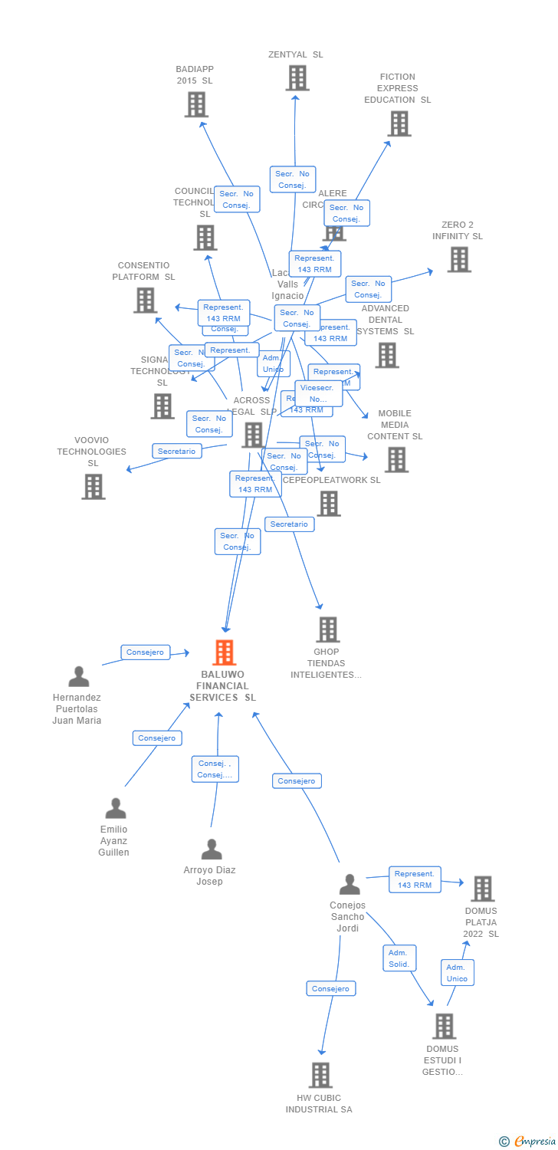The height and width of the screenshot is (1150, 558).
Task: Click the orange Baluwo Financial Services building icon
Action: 224,652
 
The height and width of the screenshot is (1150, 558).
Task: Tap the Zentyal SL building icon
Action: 297,78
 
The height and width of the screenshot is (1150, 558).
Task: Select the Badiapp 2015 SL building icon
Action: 196,105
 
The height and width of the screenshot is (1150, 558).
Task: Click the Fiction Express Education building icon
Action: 399,123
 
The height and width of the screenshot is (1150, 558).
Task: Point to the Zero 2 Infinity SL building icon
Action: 458,260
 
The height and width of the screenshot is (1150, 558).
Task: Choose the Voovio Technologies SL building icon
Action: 93,487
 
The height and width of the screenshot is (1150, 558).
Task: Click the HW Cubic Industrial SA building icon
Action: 320,1075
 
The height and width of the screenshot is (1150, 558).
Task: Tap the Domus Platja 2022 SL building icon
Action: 482,889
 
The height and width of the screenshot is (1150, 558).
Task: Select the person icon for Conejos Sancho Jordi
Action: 350,885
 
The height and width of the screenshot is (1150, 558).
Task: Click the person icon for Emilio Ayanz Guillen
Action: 116,809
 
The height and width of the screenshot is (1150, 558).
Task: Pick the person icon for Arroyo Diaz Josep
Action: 211,849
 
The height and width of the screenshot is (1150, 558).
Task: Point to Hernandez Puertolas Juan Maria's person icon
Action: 79,677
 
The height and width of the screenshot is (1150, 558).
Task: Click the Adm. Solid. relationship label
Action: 399,958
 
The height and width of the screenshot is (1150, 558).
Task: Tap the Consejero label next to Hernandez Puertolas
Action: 145,652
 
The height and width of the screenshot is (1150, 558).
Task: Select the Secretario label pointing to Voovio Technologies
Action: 177,452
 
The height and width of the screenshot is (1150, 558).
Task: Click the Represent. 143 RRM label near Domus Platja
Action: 415,879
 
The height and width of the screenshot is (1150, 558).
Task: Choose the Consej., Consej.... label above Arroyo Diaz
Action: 215,769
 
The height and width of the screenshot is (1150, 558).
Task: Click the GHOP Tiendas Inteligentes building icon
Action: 327,630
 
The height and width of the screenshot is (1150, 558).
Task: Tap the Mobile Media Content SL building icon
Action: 396,460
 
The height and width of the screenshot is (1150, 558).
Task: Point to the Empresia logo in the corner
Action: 528,1142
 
